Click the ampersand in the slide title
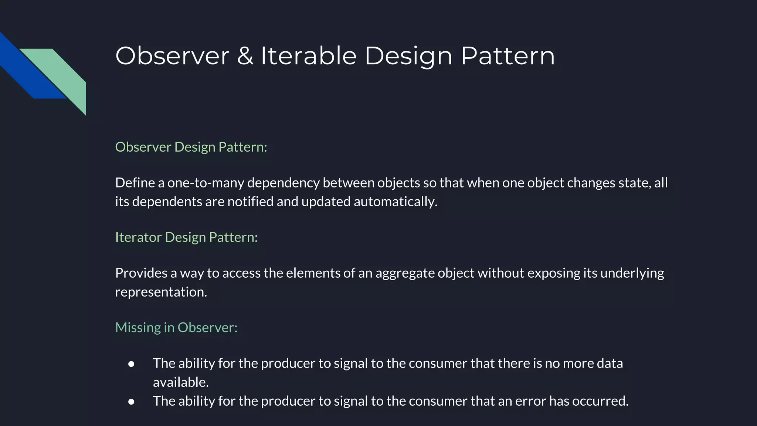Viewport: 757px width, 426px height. tap(245, 56)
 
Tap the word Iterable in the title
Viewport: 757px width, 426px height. tap(309, 56)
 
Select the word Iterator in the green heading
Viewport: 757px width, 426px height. tap(138, 237)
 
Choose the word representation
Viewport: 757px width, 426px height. tap(161, 292)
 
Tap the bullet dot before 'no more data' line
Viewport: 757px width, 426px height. tap(131, 364)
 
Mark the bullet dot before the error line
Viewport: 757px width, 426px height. tap(131, 402)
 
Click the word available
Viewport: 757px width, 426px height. tap(180, 382)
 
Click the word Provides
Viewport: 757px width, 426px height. tap(141, 273)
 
